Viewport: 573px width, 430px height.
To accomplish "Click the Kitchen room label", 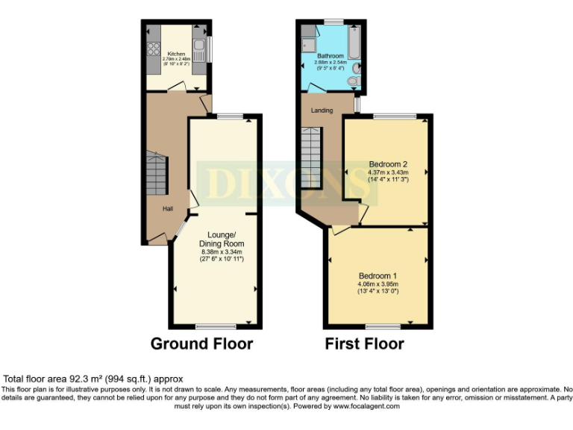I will [x=176, y=54].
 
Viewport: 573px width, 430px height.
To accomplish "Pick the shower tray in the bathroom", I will [x=309, y=45].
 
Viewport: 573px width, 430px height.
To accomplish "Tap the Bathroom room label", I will [x=330, y=56].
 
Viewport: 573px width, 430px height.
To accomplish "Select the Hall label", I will [x=169, y=209].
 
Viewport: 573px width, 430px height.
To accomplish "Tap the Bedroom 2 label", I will [x=388, y=164].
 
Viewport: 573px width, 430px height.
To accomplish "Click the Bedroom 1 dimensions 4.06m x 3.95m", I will [x=378, y=284].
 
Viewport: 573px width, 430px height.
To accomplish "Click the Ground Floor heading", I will [x=201, y=344].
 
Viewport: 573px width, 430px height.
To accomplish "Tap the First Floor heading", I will [x=364, y=344].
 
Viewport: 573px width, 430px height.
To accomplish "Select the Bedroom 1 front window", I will [x=382, y=326].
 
